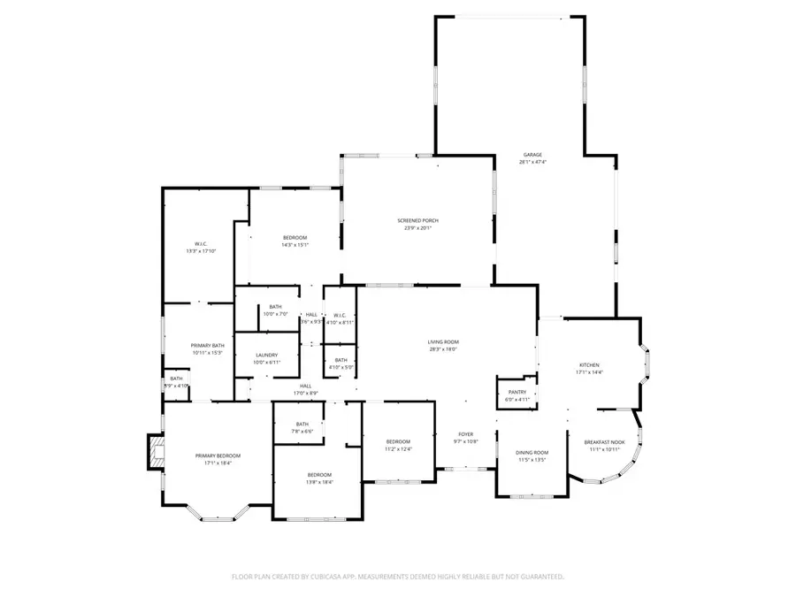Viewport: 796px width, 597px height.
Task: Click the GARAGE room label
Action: pos(532,155)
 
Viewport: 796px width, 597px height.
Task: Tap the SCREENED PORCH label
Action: pos(417,220)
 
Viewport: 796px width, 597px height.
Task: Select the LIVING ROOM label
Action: pos(444,341)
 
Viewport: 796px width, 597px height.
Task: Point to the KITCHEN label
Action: pos(589,365)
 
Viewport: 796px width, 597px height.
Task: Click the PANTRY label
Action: pos(517,393)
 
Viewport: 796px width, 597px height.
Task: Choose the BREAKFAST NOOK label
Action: pos(605,442)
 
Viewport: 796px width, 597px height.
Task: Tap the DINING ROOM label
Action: pos(532,453)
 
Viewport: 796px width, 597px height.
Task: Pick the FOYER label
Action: pos(465,434)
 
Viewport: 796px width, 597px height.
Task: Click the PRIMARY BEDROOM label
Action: pos(218,455)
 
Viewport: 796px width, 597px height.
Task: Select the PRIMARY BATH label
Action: pos(208,345)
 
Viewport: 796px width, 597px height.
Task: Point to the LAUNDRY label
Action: pos(266,356)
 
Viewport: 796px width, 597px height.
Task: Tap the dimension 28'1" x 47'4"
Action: pos(532,163)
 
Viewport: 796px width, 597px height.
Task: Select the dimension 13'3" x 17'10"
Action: pos(201,251)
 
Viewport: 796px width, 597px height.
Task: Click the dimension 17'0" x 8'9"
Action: pos(305,394)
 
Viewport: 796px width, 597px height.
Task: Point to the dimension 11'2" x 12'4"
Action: pos(398,449)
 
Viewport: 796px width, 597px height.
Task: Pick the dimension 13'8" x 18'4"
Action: pos(319,482)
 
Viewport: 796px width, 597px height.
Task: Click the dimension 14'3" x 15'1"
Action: pos(295,245)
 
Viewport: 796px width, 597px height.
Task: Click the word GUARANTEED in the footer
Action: pos(538,577)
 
